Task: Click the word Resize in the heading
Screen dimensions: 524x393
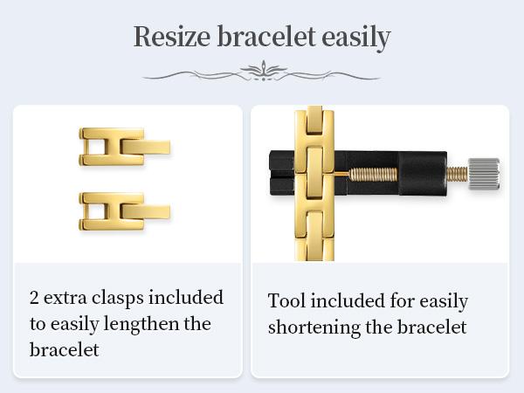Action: point(172,36)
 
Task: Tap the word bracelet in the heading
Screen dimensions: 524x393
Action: point(266,36)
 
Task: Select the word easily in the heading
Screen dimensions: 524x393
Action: point(356,38)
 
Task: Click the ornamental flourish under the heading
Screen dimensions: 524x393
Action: point(262,72)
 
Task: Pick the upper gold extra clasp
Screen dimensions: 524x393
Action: point(124,147)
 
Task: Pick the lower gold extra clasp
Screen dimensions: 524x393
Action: point(124,211)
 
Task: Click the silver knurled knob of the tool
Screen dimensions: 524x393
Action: point(484,174)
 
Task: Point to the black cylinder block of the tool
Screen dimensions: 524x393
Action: point(423,173)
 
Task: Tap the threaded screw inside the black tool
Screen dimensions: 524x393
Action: point(373,174)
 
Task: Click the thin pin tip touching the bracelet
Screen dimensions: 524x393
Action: point(341,174)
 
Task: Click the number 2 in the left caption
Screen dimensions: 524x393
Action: point(34,298)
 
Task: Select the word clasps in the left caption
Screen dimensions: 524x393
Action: point(118,298)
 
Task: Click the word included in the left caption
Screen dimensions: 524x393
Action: point(186,297)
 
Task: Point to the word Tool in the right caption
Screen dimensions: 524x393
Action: point(286,300)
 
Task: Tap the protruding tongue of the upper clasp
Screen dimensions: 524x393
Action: point(146,147)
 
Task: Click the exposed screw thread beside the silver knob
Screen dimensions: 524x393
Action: point(458,174)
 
